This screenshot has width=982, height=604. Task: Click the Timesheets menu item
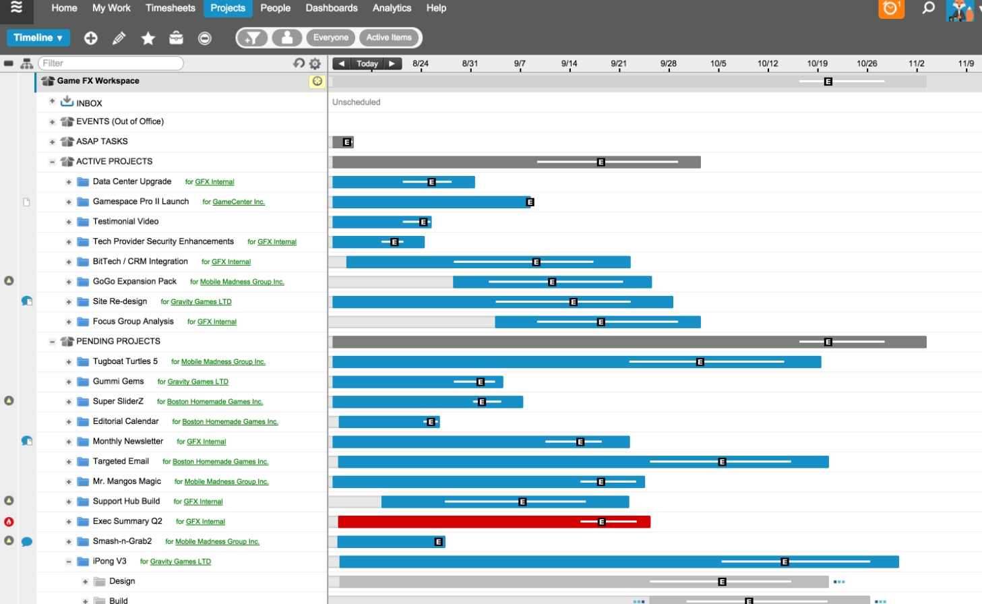tap(170, 8)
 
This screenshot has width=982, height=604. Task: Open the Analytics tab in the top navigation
tap(392, 8)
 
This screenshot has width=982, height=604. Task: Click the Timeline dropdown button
tap(38, 38)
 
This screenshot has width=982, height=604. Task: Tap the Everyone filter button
tap(330, 38)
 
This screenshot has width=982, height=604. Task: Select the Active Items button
tap(389, 38)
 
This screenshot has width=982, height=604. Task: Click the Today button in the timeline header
tap(367, 63)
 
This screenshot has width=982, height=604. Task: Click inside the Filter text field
tap(111, 63)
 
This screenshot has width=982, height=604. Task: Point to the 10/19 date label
tap(817, 63)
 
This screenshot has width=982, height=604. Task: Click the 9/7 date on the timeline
tap(520, 63)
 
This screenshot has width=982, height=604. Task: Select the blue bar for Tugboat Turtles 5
tap(472, 362)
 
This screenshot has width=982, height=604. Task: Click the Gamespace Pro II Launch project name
tap(141, 202)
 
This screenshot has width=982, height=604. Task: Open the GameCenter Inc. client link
tap(239, 202)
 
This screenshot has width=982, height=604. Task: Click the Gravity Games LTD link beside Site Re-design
tap(201, 302)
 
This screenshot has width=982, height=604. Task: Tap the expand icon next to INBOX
tap(52, 101)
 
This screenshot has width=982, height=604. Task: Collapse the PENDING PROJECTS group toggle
tap(52, 342)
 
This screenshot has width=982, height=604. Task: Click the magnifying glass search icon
tap(928, 8)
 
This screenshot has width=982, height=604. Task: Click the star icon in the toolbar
tap(148, 38)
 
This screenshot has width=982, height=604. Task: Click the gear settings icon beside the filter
tap(315, 63)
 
